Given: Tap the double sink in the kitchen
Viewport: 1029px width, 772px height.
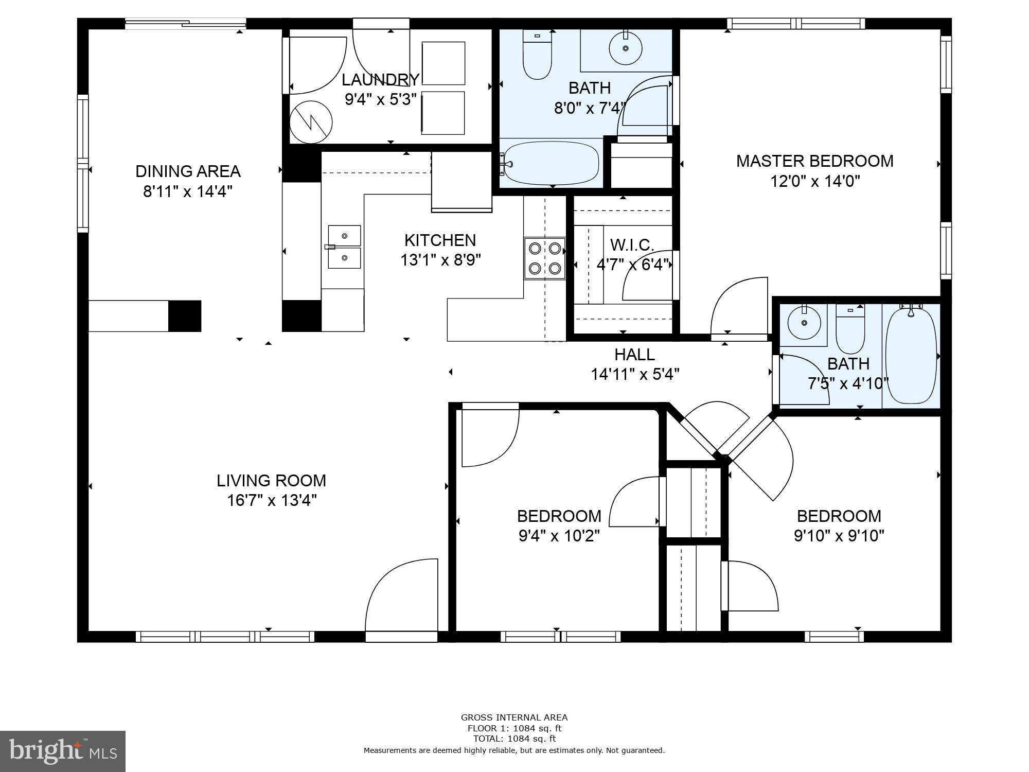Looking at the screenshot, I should click(x=344, y=247).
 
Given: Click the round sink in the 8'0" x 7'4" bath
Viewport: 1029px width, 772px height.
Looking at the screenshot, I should click(x=626, y=48).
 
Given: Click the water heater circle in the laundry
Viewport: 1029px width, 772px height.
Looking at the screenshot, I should click(x=311, y=122).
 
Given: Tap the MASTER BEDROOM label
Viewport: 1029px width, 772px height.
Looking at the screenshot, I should click(x=814, y=161).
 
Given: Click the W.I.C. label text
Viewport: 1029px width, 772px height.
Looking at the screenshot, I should click(x=632, y=244).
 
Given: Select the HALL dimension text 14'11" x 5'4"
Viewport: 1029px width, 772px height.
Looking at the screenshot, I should click(x=635, y=374).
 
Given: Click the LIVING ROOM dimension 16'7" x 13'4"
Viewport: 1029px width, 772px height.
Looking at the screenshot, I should click(x=272, y=500).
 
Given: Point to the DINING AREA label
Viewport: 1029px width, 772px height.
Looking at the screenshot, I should click(x=188, y=171).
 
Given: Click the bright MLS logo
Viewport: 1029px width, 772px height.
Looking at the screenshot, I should click(x=62, y=751).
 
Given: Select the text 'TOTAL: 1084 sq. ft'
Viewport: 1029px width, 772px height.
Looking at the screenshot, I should click(x=514, y=739).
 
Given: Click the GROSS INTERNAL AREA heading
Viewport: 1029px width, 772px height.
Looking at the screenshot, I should click(x=514, y=717).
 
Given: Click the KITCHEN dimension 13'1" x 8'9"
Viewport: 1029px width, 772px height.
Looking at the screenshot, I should click(x=440, y=260).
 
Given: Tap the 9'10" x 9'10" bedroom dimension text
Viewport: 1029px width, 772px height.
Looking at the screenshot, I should click(x=839, y=536).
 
